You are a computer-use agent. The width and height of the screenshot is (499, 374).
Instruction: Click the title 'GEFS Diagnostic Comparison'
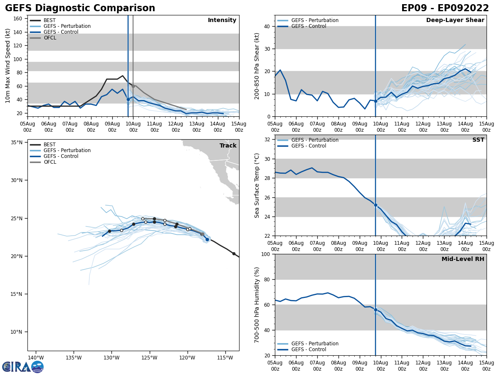(80, 8)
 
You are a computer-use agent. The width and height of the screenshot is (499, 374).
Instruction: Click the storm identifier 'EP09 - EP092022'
(445, 8)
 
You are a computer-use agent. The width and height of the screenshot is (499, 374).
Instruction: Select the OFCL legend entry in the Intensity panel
(49, 38)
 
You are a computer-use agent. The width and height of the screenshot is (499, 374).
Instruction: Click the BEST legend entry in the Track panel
(49, 145)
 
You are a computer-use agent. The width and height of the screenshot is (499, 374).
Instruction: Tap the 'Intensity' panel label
(222, 20)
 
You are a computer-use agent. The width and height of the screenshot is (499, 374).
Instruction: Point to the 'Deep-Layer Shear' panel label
(455, 20)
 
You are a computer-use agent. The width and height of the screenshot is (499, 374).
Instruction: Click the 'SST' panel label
(478, 140)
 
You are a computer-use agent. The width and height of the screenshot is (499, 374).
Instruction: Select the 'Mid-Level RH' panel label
(463, 259)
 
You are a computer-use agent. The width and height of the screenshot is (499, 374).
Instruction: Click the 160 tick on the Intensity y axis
(18, 19)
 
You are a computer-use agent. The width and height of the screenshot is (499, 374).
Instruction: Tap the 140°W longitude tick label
(36, 357)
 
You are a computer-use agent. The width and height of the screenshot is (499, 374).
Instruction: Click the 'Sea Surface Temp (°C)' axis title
(257, 185)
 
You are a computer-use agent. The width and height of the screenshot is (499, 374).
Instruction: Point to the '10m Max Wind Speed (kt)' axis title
(8, 66)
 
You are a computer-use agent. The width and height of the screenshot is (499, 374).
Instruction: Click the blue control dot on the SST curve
(375, 205)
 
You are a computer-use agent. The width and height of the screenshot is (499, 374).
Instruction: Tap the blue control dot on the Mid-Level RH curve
(375, 310)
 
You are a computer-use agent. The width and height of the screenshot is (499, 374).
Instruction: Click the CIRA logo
(23, 367)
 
